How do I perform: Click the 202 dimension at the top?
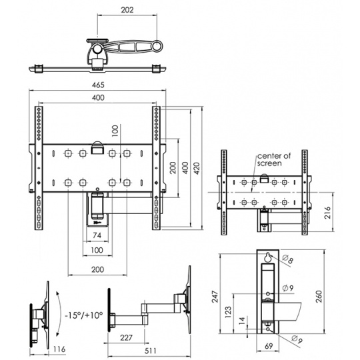[x=127, y=10]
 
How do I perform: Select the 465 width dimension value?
[x=98, y=85]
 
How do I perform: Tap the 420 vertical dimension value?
[x=197, y=168]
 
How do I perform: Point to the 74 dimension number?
[x=97, y=235]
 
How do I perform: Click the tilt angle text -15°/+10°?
[x=83, y=315]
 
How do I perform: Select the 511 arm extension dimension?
[x=151, y=351]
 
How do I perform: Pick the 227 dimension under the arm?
[x=126, y=337]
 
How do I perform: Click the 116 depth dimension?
[x=59, y=349]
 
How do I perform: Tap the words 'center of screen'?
[x=274, y=159]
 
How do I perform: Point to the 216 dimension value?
[x=327, y=213]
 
